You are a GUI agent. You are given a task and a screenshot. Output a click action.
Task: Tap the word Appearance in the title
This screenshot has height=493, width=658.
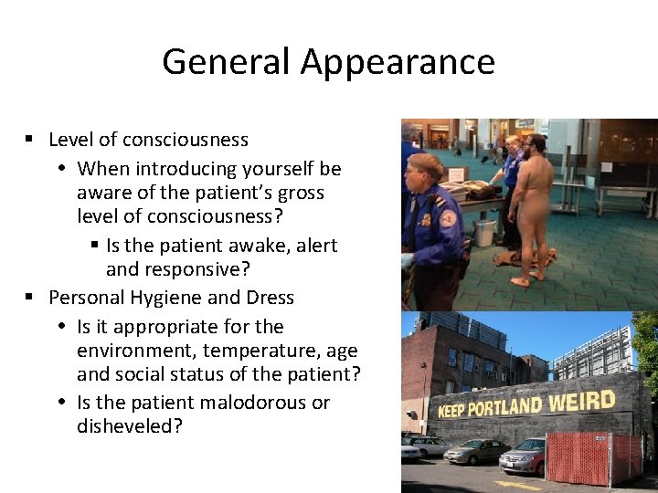tap(398, 62)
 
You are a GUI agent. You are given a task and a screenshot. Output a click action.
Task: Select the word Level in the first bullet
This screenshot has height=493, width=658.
tap(70, 140)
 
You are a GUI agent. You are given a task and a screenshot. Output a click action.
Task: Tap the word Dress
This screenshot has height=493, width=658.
tap(270, 298)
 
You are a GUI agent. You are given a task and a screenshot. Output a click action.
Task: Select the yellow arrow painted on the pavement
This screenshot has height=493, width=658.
tap(517, 485)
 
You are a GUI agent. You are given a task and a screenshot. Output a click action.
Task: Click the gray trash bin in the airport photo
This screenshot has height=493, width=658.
tap(484, 234)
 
